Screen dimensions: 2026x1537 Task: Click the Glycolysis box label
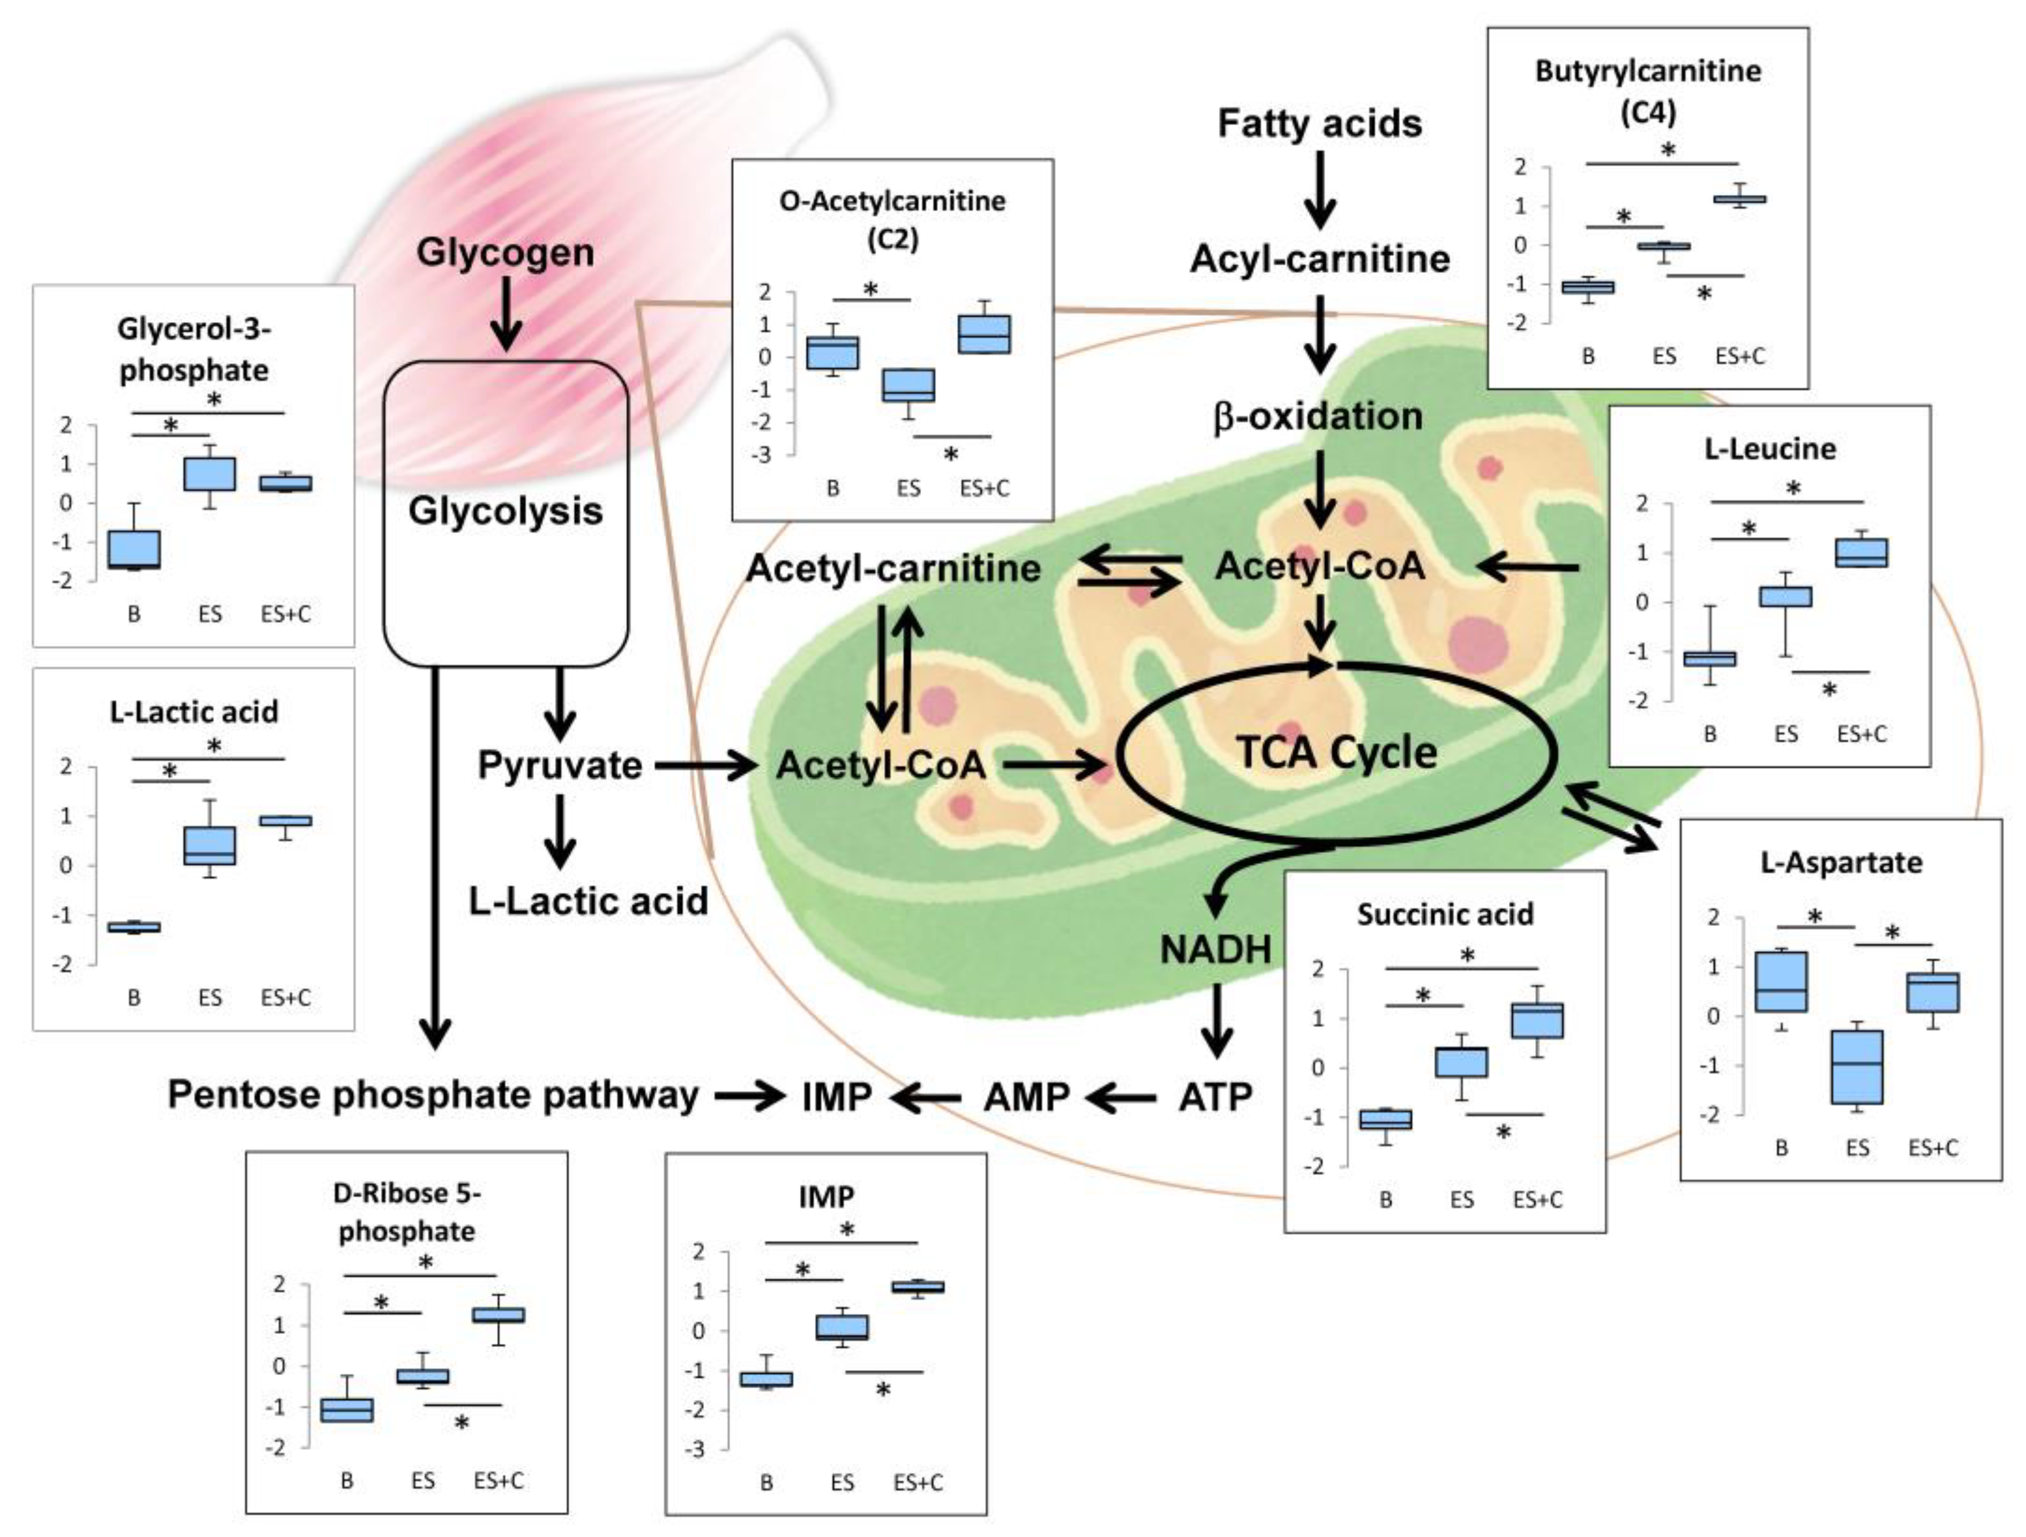pos(506,511)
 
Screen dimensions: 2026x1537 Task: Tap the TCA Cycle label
pos(1336,753)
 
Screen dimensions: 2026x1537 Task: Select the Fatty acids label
pos(1320,123)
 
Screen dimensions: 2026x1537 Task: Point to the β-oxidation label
pos(1319,417)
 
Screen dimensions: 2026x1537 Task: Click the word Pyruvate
pos(559,766)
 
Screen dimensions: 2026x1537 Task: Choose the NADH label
pos(1215,950)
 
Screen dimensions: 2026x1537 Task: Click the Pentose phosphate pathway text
pos(433,1095)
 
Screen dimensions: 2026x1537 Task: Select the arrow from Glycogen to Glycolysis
pos(506,314)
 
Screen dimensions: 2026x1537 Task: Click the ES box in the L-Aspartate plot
pos(1857,1067)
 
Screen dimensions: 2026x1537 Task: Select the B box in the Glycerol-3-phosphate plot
pos(134,550)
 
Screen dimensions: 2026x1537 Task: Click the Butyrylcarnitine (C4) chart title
pos(1648,92)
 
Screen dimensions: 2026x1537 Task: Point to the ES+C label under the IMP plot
pos(918,1482)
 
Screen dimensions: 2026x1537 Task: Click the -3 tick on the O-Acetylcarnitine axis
pos(762,455)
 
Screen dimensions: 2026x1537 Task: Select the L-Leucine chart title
pos(1769,449)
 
